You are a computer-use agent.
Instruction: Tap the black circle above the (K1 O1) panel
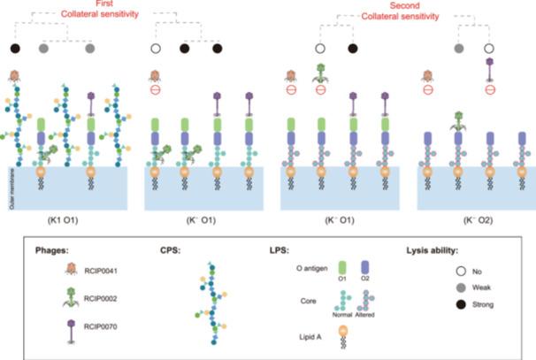(x=15, y=48)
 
